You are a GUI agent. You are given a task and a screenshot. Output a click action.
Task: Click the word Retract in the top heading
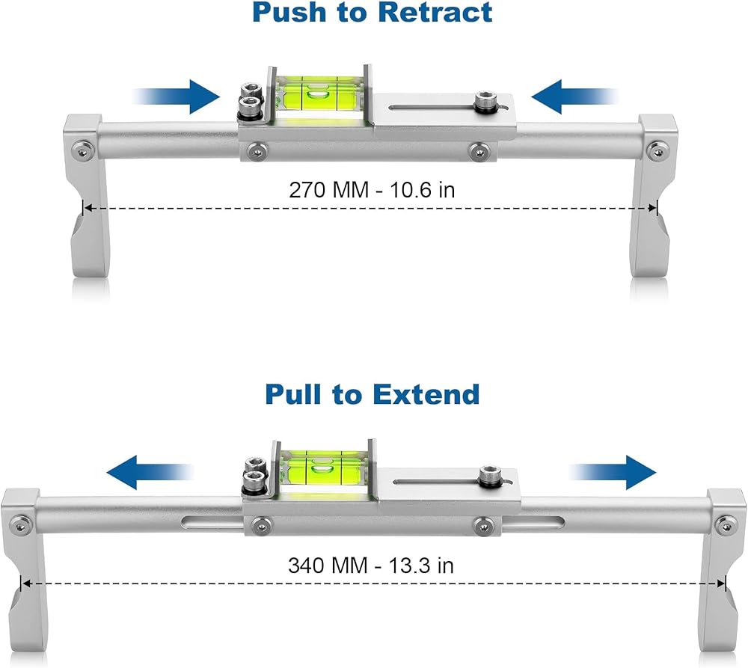435,13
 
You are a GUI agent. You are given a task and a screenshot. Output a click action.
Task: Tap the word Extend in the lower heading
426,395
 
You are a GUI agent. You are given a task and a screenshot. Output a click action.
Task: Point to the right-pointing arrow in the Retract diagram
176,96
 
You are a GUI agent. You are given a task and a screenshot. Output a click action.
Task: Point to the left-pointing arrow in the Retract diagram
574,96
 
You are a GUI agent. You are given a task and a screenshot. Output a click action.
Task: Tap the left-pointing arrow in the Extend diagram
150,472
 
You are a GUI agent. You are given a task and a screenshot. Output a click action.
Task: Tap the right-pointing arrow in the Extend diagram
613,472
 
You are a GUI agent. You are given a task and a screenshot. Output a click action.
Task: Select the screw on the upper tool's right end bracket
657,151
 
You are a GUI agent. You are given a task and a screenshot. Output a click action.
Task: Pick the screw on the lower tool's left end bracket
19,525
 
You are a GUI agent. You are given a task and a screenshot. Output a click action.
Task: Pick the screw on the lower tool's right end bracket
726,526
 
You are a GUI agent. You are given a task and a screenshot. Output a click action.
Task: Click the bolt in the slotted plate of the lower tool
491,477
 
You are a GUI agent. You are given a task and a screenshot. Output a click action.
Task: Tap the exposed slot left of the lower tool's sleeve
212,524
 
